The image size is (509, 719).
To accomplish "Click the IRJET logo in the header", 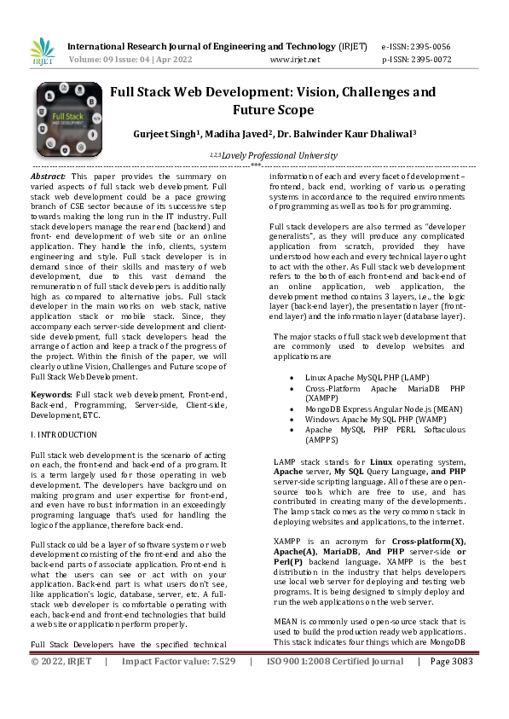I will (x=43, y=51).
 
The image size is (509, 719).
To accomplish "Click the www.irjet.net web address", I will (x=294, y=60).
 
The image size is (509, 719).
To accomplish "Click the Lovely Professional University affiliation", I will (x=275, y=156).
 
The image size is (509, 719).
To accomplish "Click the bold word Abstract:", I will (x=49, y=174).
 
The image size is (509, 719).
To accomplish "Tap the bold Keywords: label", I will (x=51, y=396).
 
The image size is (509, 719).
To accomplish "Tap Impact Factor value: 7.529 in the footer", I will (x=178, y=709).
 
